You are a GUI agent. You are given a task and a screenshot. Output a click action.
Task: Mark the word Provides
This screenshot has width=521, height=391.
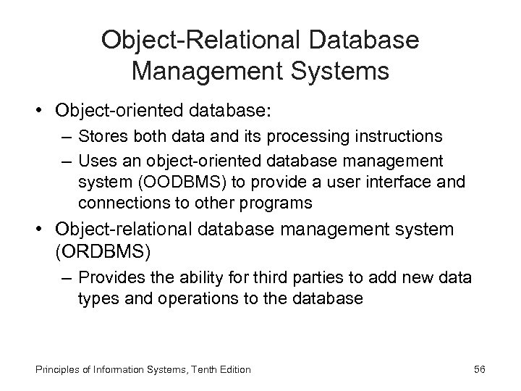pos(107,279)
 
